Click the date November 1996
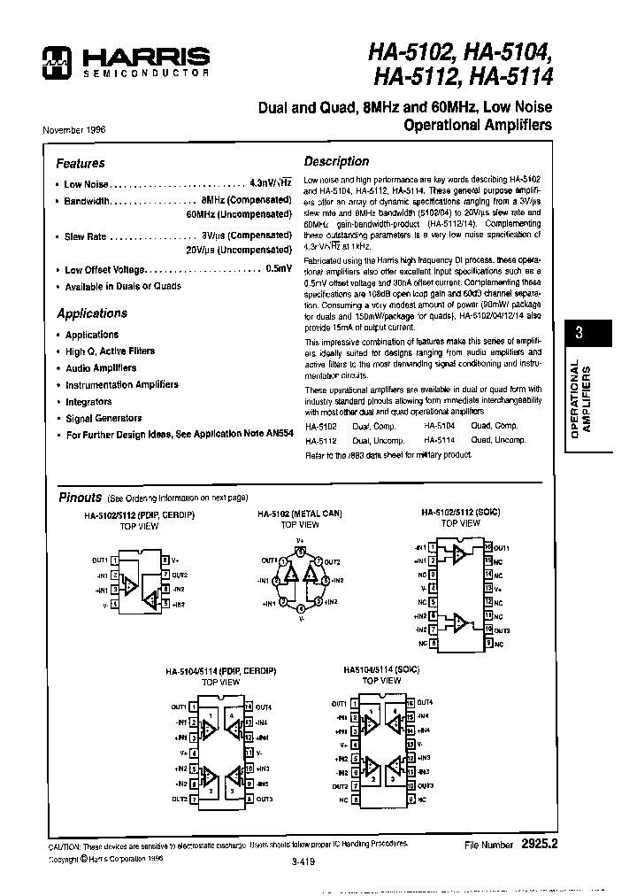click(x=74, y=129)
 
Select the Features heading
click(x=81, y=163)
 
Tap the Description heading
click(x=336, y=161)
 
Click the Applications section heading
click(x=92, y=313)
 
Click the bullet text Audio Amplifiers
click(x=101, y=367)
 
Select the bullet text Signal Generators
click(x=104, y=418)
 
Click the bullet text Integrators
click(x=88, y=401)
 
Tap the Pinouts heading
click(x=80, y=498)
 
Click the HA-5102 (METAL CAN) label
click(x=300, y=514)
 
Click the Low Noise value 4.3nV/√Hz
click(x=270, y=184)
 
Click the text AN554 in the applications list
click(x=279, y=435)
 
